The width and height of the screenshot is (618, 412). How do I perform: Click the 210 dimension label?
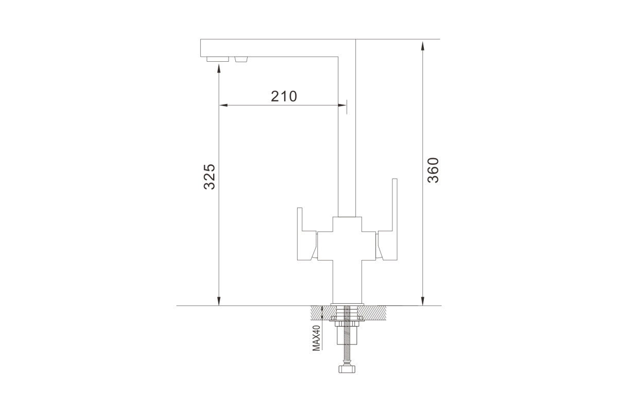click(284, 96)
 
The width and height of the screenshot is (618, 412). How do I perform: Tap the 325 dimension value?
click(210, 177)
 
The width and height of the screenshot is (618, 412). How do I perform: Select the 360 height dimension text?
click(433, 170)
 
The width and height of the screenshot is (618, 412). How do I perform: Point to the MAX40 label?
click(316, 338)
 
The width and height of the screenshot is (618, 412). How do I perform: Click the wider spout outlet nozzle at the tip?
click(218, 59)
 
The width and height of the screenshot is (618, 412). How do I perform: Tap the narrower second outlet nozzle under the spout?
click(241, 59)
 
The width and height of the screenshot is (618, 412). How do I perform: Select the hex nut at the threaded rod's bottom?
click(347, 369)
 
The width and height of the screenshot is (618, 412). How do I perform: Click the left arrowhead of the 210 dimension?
click(223, 105)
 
